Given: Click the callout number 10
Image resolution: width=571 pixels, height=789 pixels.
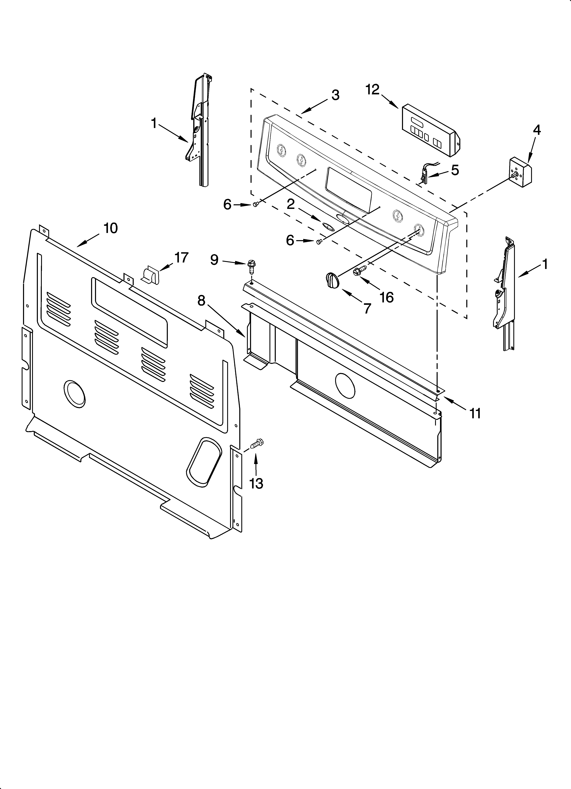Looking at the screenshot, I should tap(110, 228).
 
